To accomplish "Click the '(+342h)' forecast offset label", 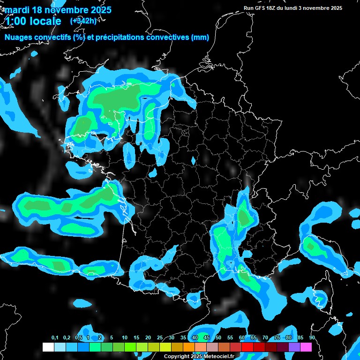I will pyautogui.click(x=83, y=21).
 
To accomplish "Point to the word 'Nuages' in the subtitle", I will pyautogui.click(x=19, y=37).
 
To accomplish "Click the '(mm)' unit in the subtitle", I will pyautogui.click(x=200, y=37).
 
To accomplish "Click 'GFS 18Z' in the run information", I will pyautogui.click(x=266, y=8).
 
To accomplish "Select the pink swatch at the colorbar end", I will pyautogui.click(x=306, y=347).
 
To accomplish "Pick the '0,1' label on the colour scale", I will pyautogui.click(x=55, y=338).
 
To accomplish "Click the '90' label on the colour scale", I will pyautogui.click(x=312, y=338).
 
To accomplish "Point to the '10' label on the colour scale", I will pyautogui.click(x=125, y=338).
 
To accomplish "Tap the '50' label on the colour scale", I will pyautogui.click(x=218, y=338).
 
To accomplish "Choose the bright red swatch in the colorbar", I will pyautogui.click(x=247, y=347).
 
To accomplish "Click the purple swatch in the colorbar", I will pyautogui.click(x=294, y=347).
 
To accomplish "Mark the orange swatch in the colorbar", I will pyautogui.click(x=189, y=347).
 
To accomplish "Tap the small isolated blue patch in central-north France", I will pyautogui.click(x=193, y=161).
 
